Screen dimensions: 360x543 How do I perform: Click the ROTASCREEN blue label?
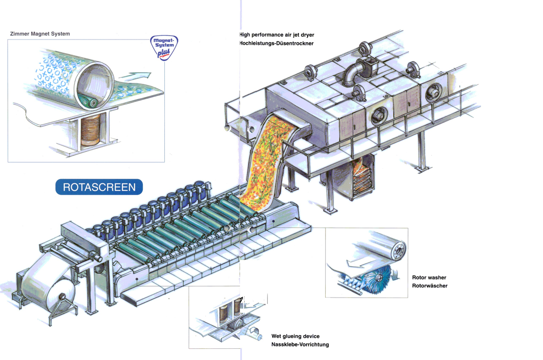(x=99, y=187)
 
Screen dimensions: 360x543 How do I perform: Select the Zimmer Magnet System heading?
(x=40, y=34)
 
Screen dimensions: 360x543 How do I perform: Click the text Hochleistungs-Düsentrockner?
(x=276, y=43)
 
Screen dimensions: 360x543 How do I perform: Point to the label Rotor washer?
(x=429, y=278)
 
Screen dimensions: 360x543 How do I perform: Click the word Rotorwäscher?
(x=429, y=286)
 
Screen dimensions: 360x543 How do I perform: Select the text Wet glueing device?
(x=295, y=336)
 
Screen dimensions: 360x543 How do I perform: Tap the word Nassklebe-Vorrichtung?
(x=300, y=344)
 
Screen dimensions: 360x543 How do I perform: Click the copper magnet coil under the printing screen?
(x=90, y=130)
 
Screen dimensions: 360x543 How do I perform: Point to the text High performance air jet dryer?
(x=277, y=35)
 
